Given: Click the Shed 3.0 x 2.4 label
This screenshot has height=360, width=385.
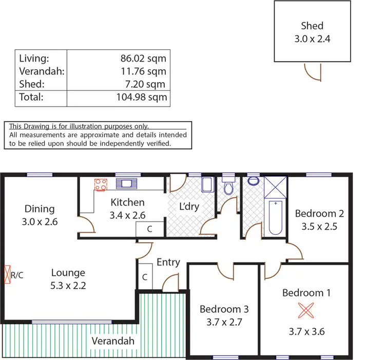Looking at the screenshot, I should (x=312, y=32).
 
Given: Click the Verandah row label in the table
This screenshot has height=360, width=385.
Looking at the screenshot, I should (x=42, y=72).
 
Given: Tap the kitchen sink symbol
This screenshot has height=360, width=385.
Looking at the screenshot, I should (x=125, y=183).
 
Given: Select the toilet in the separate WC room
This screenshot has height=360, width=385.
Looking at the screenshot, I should (x=229, y=187).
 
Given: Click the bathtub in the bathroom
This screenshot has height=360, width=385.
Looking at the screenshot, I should (x=276, y=217).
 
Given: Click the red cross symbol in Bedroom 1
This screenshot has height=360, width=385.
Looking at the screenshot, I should (x=306, y=310).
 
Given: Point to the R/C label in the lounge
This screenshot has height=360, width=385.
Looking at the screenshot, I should (x=17, y=275).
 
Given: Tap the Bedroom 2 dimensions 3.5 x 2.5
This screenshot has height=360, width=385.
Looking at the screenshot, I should (x=319, y=226).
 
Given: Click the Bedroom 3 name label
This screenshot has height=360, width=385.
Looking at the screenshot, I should (x=224, y=309).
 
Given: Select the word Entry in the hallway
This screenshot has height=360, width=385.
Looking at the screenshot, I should (x=168, y=262).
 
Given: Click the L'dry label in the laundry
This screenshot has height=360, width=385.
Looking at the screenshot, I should (x=188, y=207).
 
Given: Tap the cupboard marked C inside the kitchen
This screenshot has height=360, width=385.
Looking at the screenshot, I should (x=149, y=229).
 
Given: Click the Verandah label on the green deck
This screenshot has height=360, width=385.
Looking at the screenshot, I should (x=113, y=341).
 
